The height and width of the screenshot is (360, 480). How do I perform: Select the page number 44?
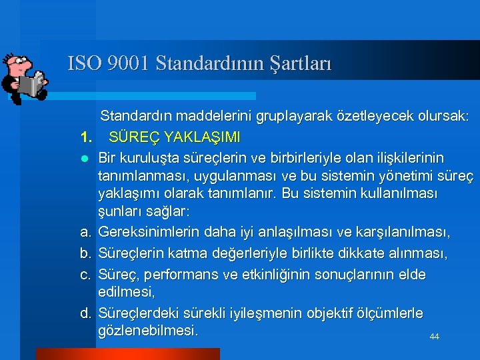click(x=434, y=337)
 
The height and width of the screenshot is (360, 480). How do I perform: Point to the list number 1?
click(x=85, y=137)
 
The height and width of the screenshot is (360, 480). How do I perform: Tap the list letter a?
click(x=85, y=233)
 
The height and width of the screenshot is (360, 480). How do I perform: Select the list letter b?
click(x=85, y=254)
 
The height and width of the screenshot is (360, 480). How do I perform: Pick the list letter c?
click(x=85, y=275)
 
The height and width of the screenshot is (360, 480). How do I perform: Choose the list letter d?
click(x=85, y=313)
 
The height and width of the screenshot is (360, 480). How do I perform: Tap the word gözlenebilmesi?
click(x=147, y=331)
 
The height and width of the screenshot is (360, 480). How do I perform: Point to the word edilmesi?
click(x=126, y=292)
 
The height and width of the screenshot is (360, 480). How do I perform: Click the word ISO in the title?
click(x=83, y=63)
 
